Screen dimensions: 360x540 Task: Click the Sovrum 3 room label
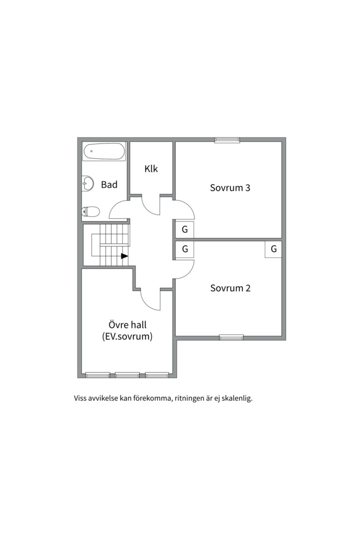pos(230,187)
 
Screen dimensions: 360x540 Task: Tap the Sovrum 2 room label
pos(230,288)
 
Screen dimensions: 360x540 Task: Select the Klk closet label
pos(151,169)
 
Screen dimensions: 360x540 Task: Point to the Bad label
pos(109,184)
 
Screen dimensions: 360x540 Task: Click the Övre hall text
pos(127,325)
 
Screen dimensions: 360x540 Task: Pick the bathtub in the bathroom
pos(104,151)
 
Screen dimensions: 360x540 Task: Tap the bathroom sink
pos(88,183)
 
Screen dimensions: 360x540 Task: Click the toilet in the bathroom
pos(90,211)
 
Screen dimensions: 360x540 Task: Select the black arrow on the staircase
pos(124,256)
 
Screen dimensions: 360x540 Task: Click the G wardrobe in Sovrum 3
pos(184,229)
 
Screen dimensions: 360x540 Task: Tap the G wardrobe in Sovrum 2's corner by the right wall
pos(273,249)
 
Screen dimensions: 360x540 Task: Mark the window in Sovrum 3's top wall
pos(227,140)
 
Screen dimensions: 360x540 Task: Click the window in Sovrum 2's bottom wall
pos(231,337)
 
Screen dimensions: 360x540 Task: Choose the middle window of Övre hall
pos(127,375)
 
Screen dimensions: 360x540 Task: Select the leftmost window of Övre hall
pos(98,375)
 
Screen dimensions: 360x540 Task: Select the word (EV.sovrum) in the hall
pos(127,336)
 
